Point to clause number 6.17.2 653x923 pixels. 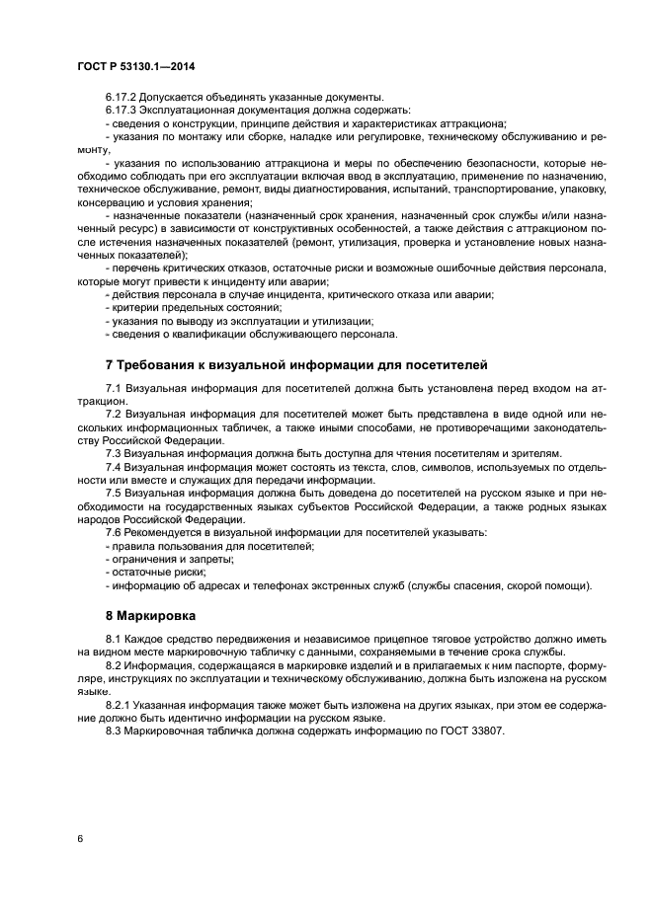[122, 97]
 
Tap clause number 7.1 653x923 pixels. [113, 390]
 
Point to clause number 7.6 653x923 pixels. [113, 532]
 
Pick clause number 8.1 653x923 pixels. [113, 639]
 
